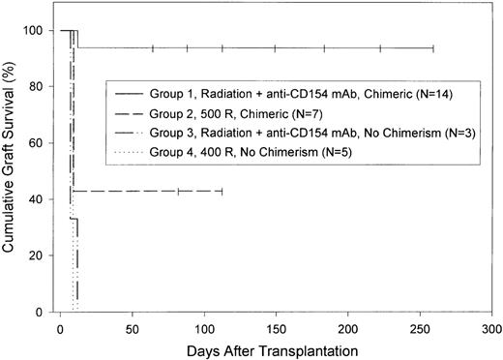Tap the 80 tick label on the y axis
(38, 87)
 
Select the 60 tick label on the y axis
(38, 143)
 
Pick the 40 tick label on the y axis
(38, 200)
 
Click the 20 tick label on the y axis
(38, 256)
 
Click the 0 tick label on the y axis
(41, 313)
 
